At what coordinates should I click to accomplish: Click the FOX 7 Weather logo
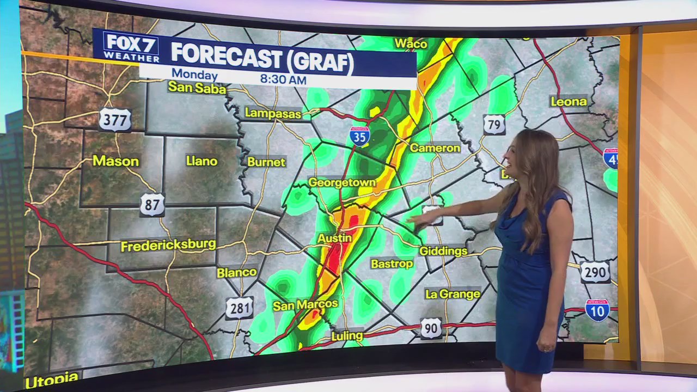(131, 47)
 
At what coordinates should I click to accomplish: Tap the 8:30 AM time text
(283, 79)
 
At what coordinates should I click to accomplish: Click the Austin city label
(334, 238)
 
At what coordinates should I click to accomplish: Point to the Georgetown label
(342, 183)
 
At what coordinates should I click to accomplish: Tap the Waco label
(411, 44)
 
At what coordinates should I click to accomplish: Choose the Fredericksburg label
(168, 246)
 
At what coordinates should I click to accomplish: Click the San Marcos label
(305, 305)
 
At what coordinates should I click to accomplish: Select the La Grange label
(453, 294)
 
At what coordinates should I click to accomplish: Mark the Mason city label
(115, 161)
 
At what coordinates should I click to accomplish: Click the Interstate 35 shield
(359, 136)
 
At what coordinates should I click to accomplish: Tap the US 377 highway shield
(115, 120)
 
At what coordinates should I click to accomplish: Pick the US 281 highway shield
(239, 308)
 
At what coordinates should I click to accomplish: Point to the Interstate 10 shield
(597, 310)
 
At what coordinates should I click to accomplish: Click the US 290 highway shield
(594, 272)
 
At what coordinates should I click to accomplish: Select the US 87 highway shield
(152, 205)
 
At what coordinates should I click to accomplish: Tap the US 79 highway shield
(494, 125)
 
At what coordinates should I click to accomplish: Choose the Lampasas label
(273, 113)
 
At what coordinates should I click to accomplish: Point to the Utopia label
(52, 379)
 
